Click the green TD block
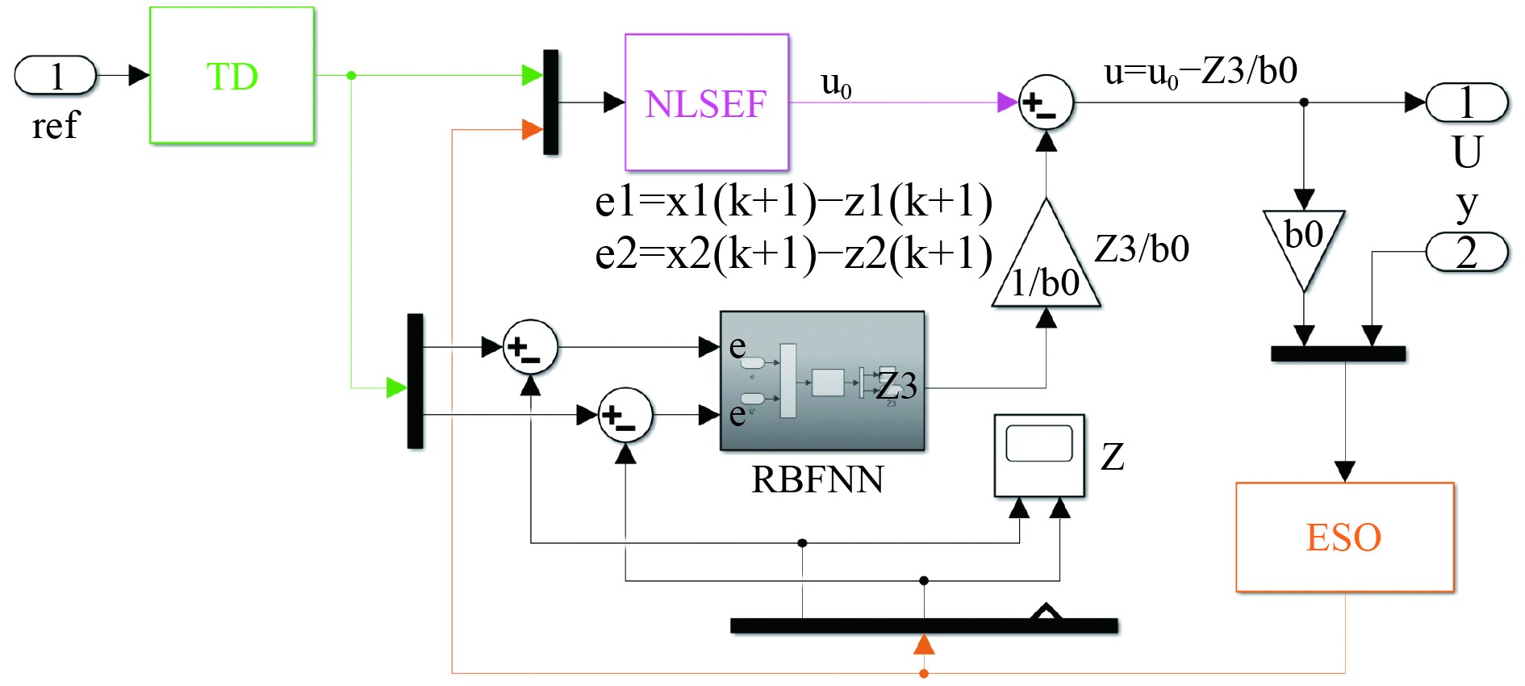(232, 76)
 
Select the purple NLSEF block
(706, 102)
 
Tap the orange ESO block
(1344, 538)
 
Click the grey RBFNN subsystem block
(821, 381)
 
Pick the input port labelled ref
(55, 76)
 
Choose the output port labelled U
(1466, 102)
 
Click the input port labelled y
(1466, 252)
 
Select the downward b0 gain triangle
(1303, 242)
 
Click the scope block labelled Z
(1039, 455)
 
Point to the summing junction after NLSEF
(1046, 103)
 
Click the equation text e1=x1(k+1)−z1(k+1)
(793, 202)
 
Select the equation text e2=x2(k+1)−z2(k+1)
(793, 253)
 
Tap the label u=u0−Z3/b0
(1200, 72)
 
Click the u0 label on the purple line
(836, 83)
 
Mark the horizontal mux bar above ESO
(1338, 353)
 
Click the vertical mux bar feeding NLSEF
(550, 102)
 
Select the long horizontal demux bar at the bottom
(923, 625)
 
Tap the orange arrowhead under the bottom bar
(924, 644)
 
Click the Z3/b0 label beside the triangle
(1141, 249)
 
